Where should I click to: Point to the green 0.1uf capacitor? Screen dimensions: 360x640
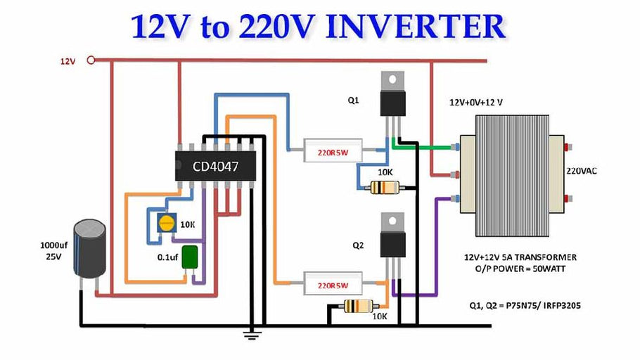189,257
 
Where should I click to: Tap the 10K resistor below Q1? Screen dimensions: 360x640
385,186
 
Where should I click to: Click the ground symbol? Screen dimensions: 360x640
247,333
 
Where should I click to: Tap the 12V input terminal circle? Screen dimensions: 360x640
91,61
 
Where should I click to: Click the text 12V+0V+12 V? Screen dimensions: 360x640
478,103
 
